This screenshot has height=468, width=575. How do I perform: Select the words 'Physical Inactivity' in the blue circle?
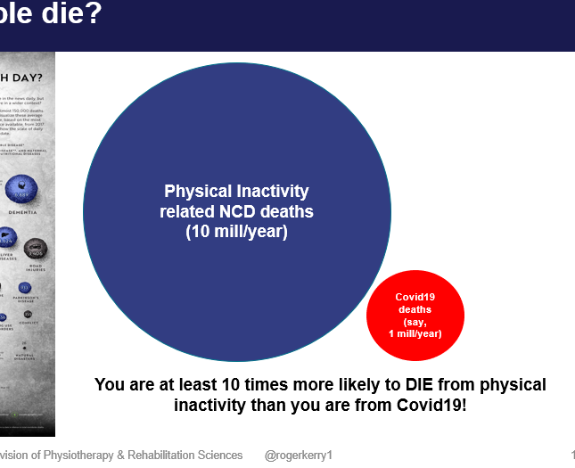(236, 192)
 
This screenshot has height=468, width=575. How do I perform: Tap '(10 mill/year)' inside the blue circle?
(236, 232)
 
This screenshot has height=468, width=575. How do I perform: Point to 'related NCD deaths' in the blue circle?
(236, 211)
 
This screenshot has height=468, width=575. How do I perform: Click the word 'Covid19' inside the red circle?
(415, 297)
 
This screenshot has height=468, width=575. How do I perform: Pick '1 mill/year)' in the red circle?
(415, 333)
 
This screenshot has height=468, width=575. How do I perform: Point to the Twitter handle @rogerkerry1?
(299, 456)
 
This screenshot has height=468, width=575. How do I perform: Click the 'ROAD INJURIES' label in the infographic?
(37, 265)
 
